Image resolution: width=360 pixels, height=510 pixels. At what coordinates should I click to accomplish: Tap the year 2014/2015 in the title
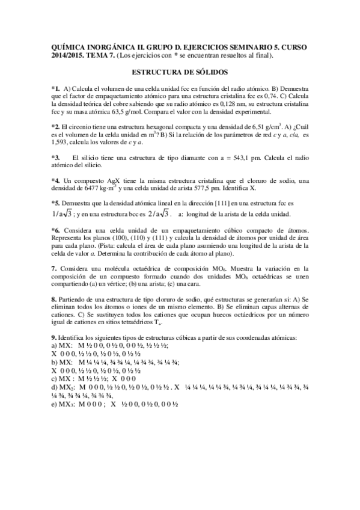point(70,55)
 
